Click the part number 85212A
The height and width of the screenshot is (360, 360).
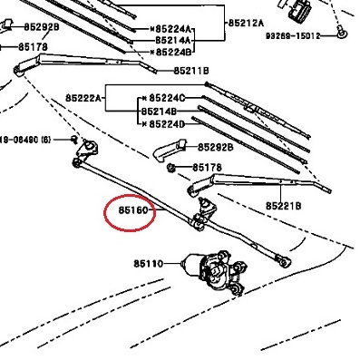tap(246, 24)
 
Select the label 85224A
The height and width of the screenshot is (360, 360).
tap(173, 29)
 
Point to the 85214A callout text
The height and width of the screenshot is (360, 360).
tap(173, 40)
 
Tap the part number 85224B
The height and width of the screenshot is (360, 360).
tap(173, 52)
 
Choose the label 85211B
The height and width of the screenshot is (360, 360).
tap(191, 71)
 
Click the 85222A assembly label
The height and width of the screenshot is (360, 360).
tap(83, 98)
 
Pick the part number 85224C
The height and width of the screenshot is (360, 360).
tap(167, 98)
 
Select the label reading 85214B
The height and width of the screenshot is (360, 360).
tap(160, 112)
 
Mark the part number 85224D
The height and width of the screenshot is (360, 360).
tap(167, 124)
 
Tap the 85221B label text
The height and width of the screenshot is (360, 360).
tap(284, 206)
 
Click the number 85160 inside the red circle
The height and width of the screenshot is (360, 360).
tap(133, 210)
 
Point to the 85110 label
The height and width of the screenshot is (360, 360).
tap(149, 264)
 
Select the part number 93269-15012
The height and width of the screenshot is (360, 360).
tap(293, 36)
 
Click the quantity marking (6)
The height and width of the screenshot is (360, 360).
tap(46, 140)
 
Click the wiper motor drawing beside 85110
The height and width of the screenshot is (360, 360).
tap(214, 271)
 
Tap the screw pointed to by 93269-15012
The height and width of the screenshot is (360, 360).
tap(342, 32)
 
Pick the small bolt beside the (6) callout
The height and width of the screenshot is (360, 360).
tap(73, 140)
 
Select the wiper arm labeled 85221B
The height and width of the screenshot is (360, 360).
tap(259, 183)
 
